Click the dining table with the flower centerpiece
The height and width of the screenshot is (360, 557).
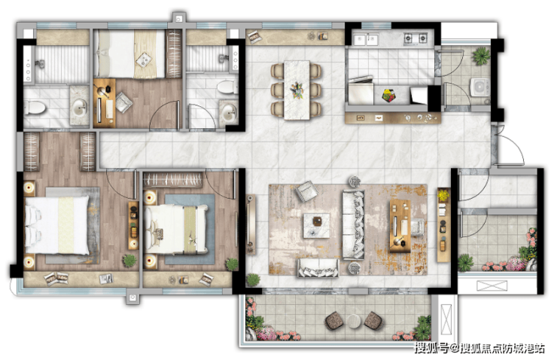(297, 90)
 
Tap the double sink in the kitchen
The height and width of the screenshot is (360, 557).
(366, 39)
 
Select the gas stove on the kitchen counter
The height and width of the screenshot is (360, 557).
(415, 38)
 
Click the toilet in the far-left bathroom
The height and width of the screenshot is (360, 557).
(35, 107)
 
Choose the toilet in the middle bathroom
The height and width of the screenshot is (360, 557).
(228, 87)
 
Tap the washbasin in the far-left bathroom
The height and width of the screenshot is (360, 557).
(79, 106)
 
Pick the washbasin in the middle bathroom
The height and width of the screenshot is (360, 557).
(228, 114)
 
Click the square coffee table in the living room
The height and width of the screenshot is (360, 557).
(316, 226)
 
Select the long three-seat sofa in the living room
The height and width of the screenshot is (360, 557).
(354, 225)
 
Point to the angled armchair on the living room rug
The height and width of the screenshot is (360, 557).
(306, 191)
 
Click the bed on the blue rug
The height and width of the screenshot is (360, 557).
(176, 229)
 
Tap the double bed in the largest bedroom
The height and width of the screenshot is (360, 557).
(57, 225)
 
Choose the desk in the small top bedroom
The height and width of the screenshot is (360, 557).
(104, 103)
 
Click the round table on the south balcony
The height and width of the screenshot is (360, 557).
(354, 321)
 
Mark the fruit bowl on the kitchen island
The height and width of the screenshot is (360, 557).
(389, 95)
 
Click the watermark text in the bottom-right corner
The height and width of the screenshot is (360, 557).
(479, 348)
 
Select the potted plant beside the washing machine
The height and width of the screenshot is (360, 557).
(481, 56)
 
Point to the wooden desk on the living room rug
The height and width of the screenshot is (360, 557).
(400, 226)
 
